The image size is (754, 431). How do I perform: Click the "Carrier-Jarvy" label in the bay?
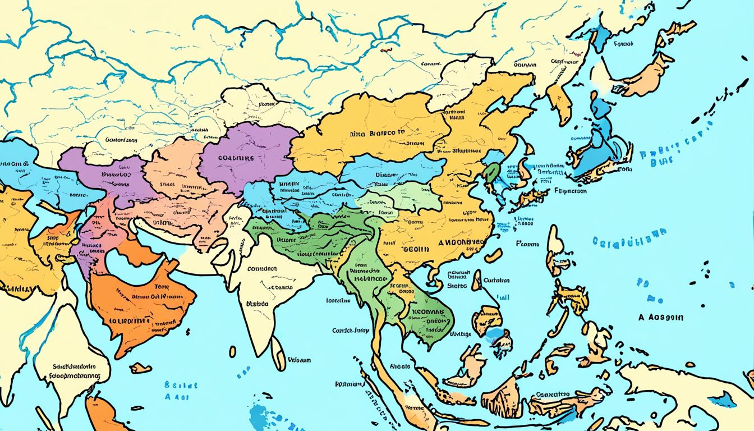click(x=350, y=331)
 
